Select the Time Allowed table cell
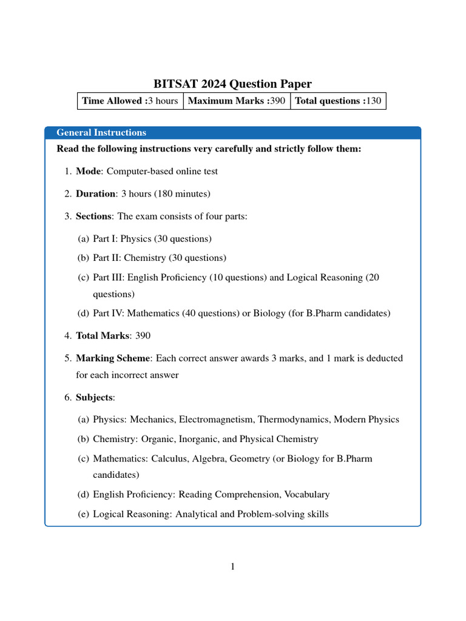pos(130,101)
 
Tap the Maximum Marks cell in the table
pos(236,101)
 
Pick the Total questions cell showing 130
pos(338,101)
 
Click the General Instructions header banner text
pos(101,132)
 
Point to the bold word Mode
pos(88,171)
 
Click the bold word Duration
pos(95,194)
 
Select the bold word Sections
pos(93,217)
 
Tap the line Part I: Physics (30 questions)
pos(152,239)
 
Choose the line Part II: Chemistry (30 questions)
pos(160,258)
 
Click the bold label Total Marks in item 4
pos(103,335)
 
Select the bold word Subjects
pos(94,397)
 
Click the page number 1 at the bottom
pos(232,567)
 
